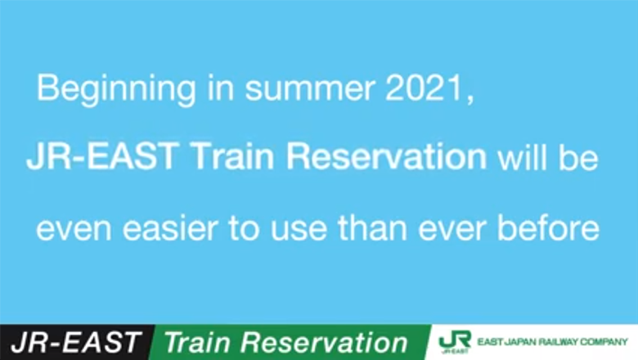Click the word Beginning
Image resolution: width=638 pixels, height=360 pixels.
point(116,90)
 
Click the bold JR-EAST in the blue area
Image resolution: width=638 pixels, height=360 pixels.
point(102,155)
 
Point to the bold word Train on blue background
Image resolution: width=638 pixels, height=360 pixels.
point(231,155)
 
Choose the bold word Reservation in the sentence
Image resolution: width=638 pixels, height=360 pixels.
point(387,155)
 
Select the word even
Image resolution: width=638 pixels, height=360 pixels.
point(74,228)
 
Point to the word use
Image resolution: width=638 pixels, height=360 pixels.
point(299,228)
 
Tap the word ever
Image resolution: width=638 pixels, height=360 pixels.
point(452,228)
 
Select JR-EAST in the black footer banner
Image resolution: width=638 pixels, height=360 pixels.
point(76,342)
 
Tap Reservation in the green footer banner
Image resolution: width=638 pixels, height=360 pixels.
point(324,342)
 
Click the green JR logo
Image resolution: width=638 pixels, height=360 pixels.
point(455,341)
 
